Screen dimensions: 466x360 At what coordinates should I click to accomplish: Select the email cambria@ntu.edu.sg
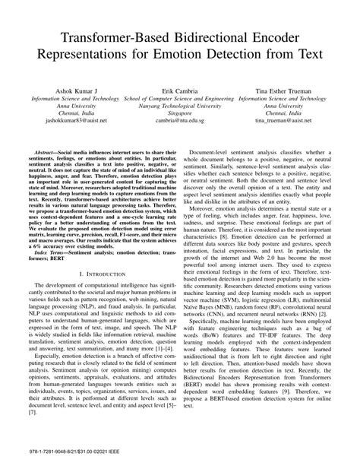click(180, 122)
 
